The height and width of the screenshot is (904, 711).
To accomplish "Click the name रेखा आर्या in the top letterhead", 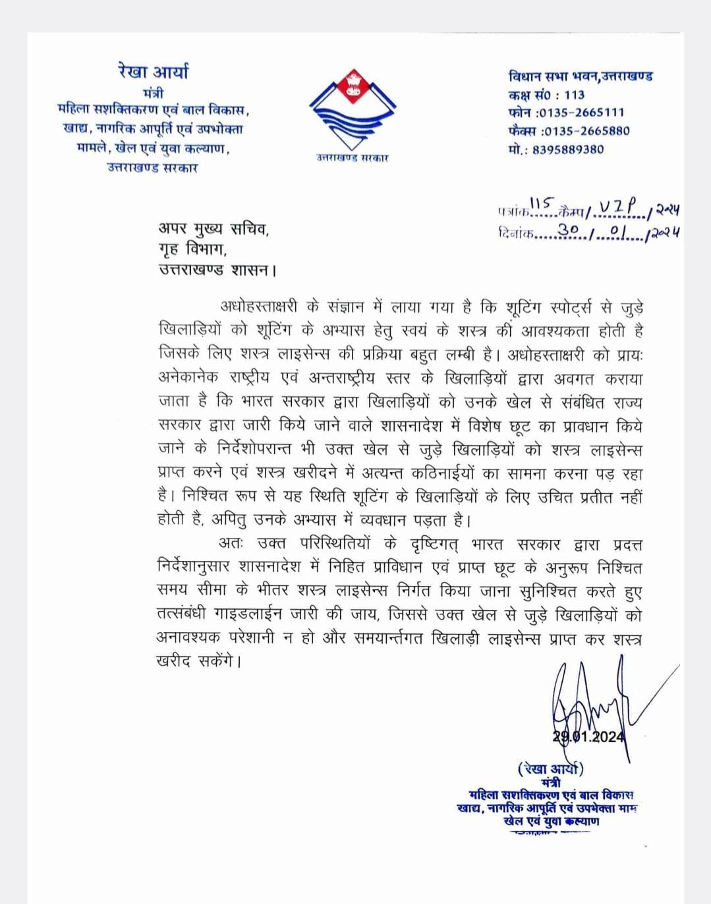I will [153, 72].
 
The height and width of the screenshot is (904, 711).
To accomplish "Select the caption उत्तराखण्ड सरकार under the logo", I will [352, 158].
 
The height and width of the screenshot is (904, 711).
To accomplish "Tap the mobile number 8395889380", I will [568, 149].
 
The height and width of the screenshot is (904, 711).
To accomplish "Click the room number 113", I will [574, 95].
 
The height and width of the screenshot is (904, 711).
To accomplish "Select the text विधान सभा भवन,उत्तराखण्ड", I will [580, 76].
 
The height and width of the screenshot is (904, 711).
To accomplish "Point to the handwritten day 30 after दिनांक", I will [568, 230].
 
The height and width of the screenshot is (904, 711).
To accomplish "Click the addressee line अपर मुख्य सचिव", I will [213, 229].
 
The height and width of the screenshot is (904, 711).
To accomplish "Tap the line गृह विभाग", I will [192, 250].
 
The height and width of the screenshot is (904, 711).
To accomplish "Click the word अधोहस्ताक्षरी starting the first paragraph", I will [259, 307].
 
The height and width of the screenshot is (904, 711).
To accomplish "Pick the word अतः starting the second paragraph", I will [231, 544].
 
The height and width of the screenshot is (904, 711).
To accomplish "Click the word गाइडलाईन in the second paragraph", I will [247, 615].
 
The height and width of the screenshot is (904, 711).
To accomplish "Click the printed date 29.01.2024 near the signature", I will [588, 737].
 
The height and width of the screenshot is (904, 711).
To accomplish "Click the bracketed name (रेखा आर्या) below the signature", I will [550, 768].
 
